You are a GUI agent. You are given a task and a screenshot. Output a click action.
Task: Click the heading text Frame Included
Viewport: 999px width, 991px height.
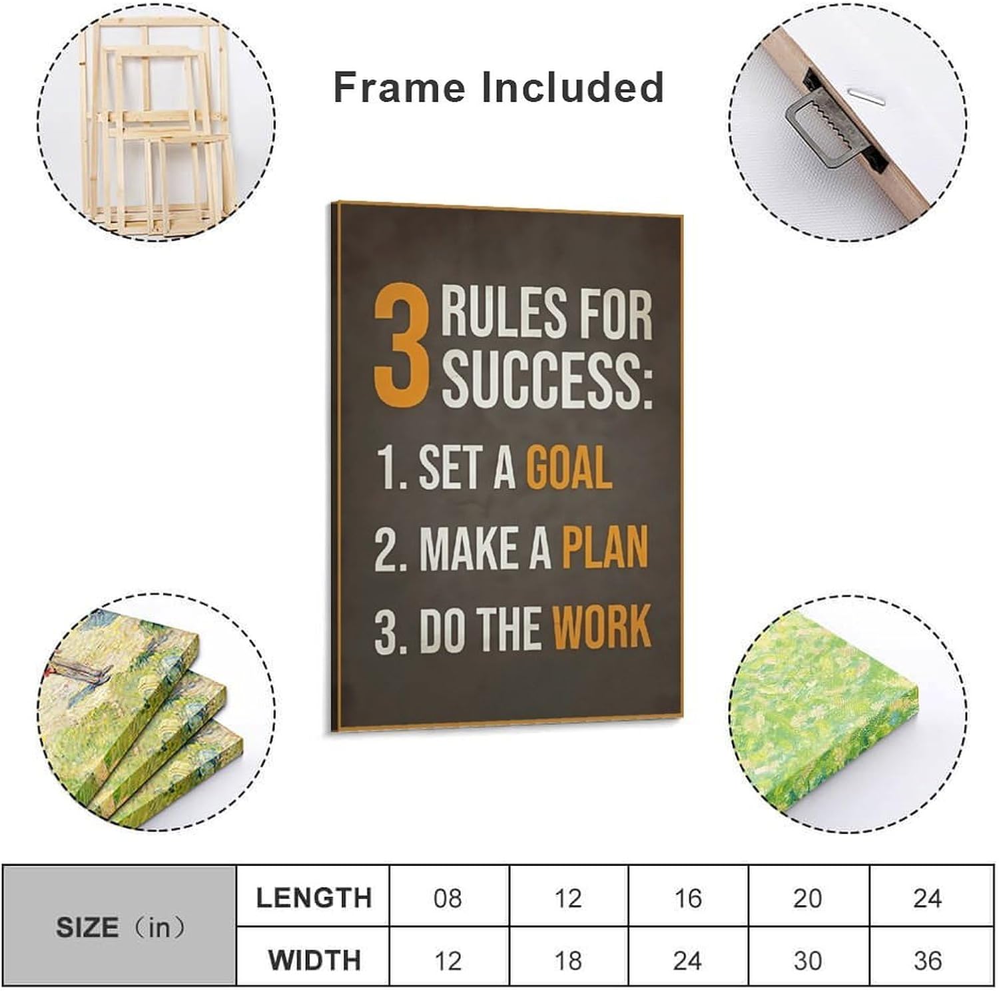498,87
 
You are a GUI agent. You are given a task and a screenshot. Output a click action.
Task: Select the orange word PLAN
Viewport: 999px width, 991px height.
605,547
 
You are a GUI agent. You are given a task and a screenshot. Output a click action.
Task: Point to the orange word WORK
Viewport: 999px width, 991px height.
601,627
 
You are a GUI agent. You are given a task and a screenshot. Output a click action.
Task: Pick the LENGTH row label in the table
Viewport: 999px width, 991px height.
314,898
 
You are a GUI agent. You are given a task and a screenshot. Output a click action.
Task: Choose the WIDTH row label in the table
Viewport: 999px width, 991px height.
314,960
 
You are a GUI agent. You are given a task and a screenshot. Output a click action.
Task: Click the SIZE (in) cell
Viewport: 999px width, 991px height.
120,927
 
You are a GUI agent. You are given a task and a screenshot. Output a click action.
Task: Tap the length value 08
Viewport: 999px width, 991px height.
448,898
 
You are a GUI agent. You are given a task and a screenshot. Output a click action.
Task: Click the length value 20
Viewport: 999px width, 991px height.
807,898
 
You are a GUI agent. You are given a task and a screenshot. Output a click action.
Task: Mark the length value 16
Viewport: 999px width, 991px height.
687,898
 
